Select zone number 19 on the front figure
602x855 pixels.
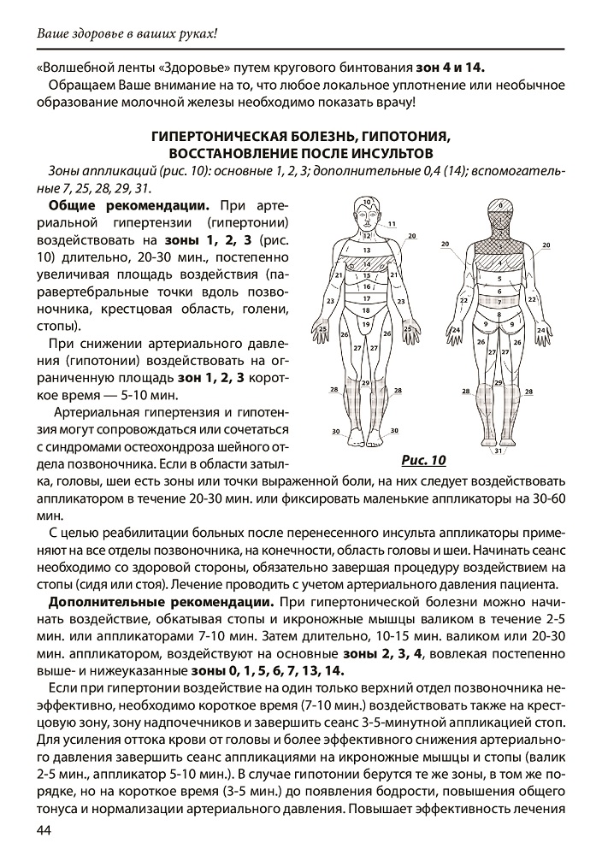tap(366, 325)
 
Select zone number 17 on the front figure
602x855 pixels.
tap(366, 298)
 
